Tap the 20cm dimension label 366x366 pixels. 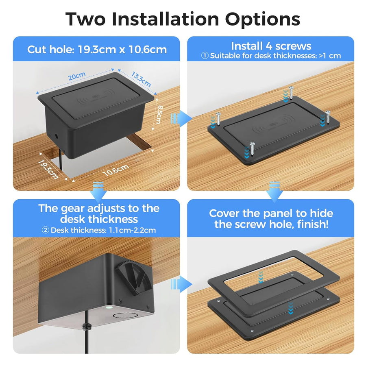point(76,76)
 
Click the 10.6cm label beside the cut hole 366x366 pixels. point(115,170)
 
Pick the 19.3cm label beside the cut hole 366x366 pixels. point(48,168)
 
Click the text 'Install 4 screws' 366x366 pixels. point(271,46)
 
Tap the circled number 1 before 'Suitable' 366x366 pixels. point(205,56)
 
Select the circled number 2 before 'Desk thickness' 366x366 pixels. point(46,230)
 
